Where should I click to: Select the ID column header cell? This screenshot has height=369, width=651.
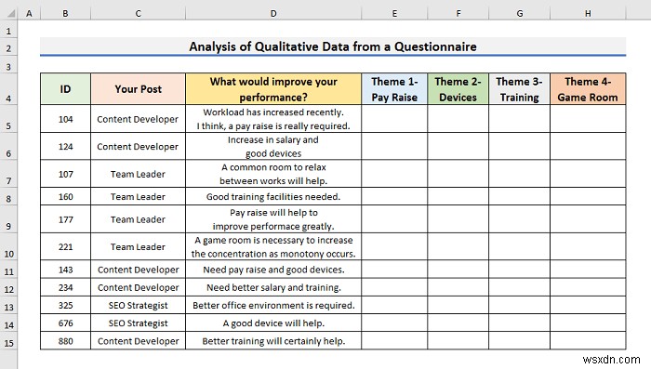click(65, 89)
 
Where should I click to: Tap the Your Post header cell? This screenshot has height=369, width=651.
click(138, 89)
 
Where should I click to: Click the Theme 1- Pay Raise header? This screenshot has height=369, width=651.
click(394, 89)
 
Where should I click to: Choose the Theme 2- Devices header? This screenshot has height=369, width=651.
click(458, 89)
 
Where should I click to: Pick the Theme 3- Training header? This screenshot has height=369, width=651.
click(519, 89)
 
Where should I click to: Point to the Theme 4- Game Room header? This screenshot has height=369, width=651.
click(588, 89)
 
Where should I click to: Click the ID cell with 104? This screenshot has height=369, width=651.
click(65, 119)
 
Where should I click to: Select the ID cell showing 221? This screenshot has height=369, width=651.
click(65, 246)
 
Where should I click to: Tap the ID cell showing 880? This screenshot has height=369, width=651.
click(65, 340)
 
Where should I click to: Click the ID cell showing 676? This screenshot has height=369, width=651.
click(65, 323)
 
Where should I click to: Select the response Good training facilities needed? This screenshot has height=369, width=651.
click(273, 196)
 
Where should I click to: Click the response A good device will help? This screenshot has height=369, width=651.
click(273, 323)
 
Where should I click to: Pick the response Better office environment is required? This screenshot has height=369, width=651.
click(273, 305)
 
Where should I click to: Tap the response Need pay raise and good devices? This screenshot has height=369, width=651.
click(273, 270)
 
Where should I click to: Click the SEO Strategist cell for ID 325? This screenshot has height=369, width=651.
click(138, 305)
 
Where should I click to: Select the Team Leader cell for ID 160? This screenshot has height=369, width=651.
click(138, 196)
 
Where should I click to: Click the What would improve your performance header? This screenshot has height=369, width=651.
click(273, 89)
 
